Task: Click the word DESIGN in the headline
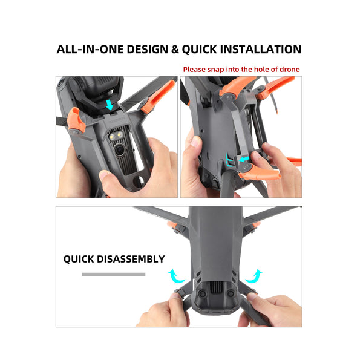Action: pos(147,50)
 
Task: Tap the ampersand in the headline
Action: pos(175,50)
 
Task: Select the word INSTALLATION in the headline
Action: pos(260,50)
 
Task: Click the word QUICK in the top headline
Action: pos(199,50)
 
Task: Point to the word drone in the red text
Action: pos(290,69)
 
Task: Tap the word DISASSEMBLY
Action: pos(131,259)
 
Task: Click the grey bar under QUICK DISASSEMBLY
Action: pos(114,274)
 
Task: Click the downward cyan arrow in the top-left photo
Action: pos(110,105)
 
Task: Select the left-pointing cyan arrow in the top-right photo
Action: pos(244,159)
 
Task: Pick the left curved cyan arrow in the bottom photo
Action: pos(176,276)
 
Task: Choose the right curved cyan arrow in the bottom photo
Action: pos(254,276)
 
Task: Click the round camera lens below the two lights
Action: pos(120,150)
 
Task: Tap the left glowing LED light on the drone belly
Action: pos(113,137)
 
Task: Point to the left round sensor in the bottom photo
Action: pos(202,294)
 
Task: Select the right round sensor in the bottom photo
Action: pos(231,294)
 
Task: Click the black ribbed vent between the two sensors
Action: pos(216,289)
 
